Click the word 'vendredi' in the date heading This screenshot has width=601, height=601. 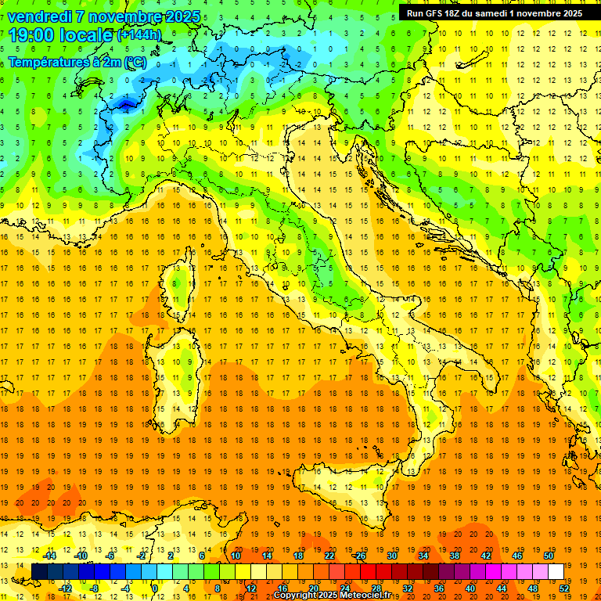tap(39, 16)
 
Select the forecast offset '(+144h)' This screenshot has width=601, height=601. tap(139, 35)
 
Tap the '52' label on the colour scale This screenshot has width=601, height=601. tap(564, 588)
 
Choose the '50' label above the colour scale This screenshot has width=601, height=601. tap(549, 556)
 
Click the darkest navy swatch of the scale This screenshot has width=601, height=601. tap(40, 571)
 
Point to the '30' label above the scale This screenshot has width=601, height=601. tap(391, 556)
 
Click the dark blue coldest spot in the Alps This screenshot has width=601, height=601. tap(125, 102)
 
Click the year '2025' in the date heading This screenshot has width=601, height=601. tap(179, 16)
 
